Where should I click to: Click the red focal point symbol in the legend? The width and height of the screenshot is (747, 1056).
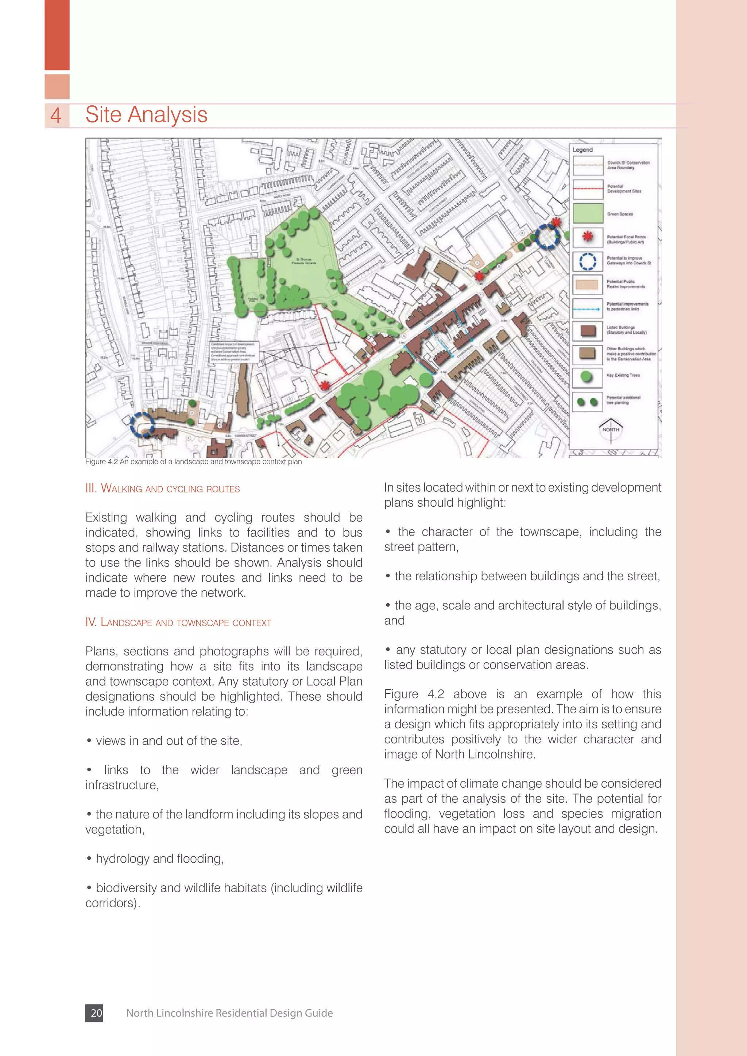tap(587, 237)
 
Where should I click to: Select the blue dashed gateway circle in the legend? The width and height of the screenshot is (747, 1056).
tap(587, 261)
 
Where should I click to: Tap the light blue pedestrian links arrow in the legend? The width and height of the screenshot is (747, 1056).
tap(587, 309)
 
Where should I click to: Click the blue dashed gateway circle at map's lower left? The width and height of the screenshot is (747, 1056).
tap(142, 424)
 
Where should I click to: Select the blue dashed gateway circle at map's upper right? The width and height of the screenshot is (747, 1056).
tap(547, 237)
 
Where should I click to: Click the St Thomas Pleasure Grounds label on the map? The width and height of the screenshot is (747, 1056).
tap(304, 261)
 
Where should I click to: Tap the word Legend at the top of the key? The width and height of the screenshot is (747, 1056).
tap(582, 150)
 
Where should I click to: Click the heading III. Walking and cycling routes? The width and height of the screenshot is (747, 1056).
tap(162, 488)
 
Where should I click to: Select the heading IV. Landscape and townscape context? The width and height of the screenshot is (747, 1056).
tap(178, 622)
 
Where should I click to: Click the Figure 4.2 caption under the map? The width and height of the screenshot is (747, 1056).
tap(193, 462)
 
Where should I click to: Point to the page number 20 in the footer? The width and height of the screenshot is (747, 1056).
tap(96, 1013)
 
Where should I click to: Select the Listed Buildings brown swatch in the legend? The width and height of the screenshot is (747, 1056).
tap(588, 331)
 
